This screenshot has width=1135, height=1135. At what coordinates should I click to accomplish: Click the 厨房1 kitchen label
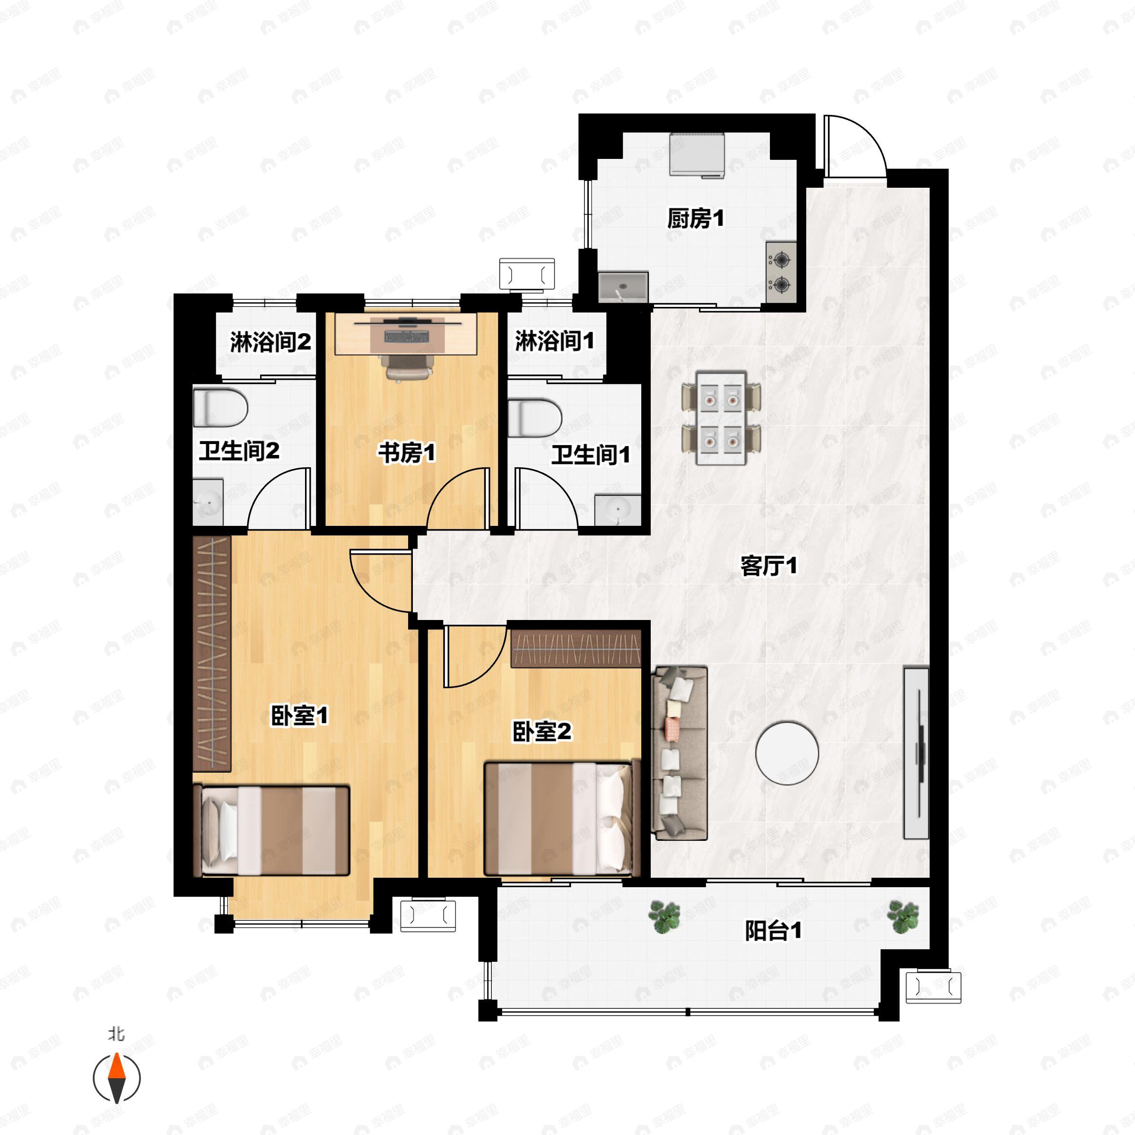pos(695,218)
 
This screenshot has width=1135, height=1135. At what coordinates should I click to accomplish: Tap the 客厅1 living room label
pos(768,566)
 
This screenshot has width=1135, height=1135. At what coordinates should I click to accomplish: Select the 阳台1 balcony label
pos(773,931)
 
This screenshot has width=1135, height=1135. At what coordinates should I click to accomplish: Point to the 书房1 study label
pos(407,453)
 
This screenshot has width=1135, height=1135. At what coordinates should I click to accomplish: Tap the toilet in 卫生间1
pos(534,418)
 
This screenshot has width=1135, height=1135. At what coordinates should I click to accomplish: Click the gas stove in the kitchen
pos(781,272)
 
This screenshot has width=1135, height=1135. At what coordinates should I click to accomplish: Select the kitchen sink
pos(623,287)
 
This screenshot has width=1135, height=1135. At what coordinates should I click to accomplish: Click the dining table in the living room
pos(721,418)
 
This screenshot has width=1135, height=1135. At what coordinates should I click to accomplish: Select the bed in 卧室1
pos(271,830)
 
